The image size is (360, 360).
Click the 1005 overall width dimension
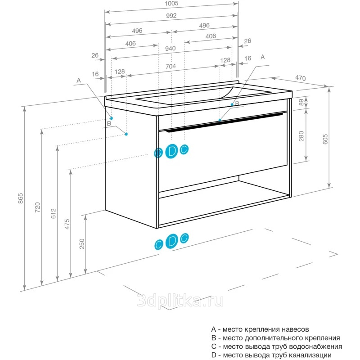(171, 4)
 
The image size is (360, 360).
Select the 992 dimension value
(171, 16)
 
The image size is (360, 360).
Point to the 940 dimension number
(170, 49)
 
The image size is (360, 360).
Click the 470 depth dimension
(300, 78)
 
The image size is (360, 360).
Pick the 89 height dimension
(301, 102)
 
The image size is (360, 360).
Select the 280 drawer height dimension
(301, 135)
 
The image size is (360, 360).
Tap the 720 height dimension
(37, 207)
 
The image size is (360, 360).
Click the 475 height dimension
(67, 224)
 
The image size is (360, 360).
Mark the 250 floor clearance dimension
(82, 243)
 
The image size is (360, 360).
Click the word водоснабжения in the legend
(318, 346)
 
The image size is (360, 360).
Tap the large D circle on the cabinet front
(171, 152)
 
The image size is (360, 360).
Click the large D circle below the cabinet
(171, 241)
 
